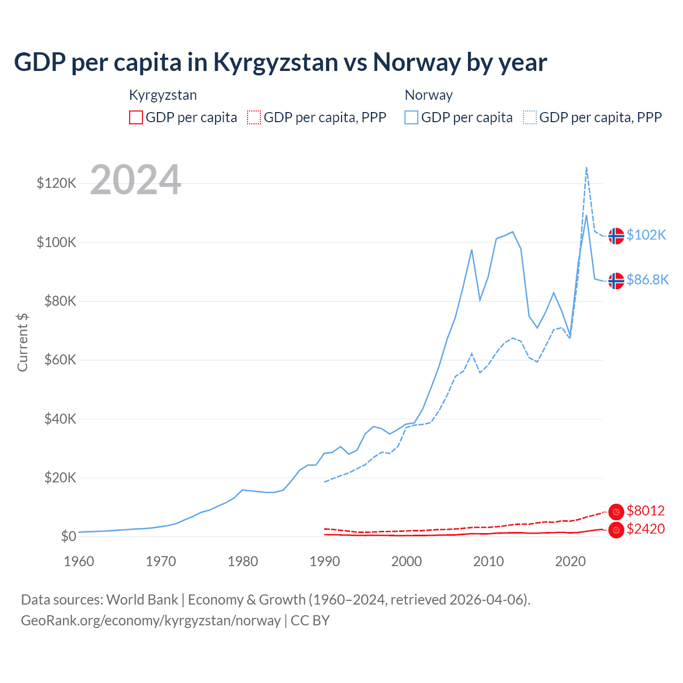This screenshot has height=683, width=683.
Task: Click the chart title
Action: (280, 62)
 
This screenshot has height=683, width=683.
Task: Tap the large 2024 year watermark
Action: (136, 180)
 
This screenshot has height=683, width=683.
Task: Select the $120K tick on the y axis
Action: (57, 184)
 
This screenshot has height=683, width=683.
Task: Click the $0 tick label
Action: (68, 536)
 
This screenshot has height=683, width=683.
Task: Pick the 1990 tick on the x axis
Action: (324, 561)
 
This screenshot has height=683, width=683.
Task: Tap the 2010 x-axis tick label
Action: (488, 561)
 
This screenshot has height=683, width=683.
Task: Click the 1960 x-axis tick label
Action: (79, 561)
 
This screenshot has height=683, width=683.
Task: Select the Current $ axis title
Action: (22, 342)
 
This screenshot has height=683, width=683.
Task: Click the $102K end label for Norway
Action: (646, 235)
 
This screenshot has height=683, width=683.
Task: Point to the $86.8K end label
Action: (647, 280)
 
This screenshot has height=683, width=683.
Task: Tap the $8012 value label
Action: (646, 511)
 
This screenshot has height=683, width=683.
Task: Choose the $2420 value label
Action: (646, 529)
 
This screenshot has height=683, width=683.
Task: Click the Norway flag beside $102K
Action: (616, 235)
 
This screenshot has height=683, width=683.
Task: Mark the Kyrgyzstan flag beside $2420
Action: (616, 530)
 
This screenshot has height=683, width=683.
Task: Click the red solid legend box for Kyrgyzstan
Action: (136, 117)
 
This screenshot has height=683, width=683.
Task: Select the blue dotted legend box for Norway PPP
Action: (530, 117)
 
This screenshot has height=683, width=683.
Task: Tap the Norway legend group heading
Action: (428, 95)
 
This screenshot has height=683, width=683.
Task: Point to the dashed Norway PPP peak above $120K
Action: (586, 168)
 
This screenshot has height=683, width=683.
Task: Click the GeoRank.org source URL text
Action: (150, 621)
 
